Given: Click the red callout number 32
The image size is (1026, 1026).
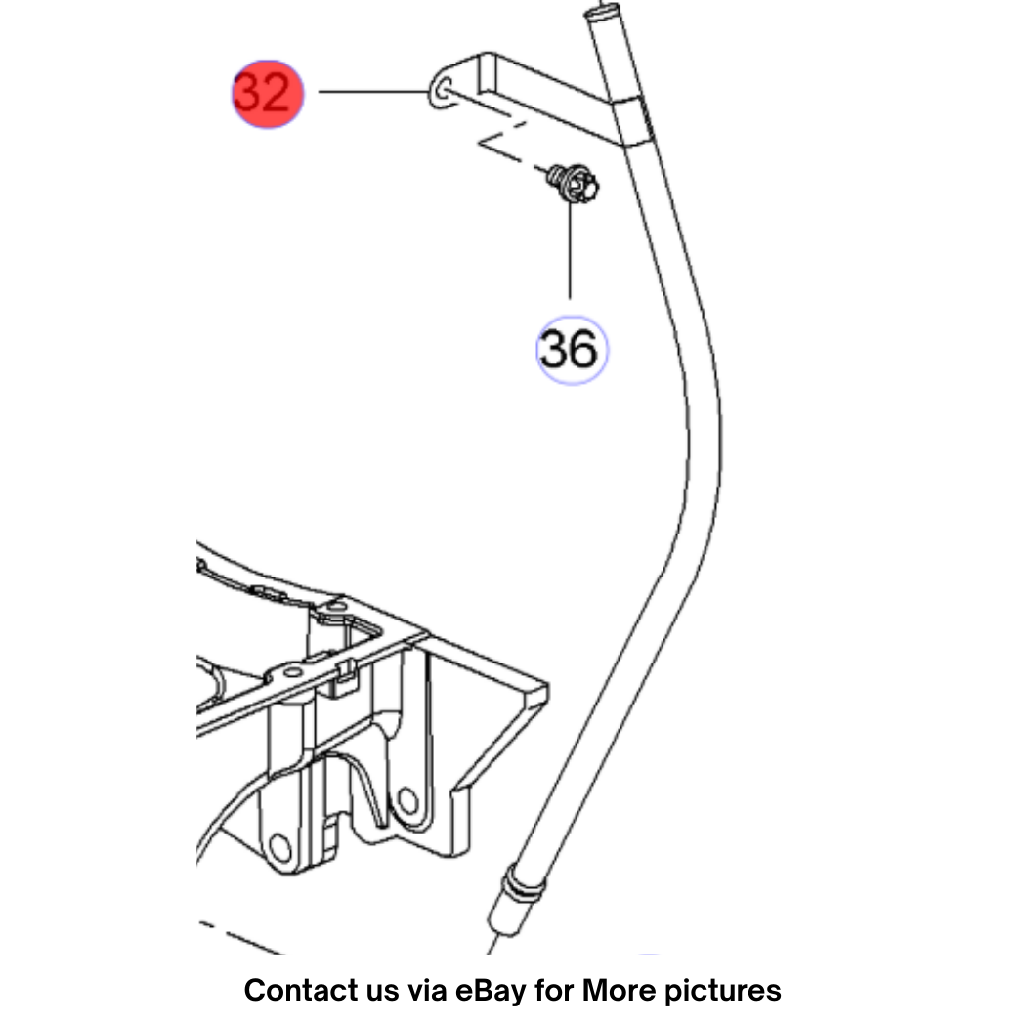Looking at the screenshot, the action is click(x=268, y=94).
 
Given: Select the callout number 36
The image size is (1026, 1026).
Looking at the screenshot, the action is click(x=572, y=350).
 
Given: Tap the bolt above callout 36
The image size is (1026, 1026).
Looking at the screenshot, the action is click(x=574, y=184).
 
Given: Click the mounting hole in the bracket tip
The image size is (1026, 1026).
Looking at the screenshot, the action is click(x=443, y=88).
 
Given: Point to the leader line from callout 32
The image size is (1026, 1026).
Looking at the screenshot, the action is click(x=373, y=92).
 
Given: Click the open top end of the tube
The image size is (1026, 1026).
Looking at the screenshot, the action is click(x=601, y=11).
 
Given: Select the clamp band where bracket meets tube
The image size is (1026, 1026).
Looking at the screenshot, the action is click(x=633, y=121).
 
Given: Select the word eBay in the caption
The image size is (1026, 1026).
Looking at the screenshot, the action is click(x=491, y=992).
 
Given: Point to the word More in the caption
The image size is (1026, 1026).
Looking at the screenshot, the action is click(x=619, y=990).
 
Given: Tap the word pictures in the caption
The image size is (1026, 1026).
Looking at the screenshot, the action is click(x=723, y=992).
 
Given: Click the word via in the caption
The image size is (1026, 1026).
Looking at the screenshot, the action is click(x=428, y=990).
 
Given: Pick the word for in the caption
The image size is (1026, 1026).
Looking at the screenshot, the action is click(x=555, y=990).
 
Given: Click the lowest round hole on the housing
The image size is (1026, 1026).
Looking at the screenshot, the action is click(x=280, y=848).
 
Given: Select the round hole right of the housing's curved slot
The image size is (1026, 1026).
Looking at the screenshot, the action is click(x=407, y=800).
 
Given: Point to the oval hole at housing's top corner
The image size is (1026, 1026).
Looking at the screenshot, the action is click(x=336, y=607).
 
